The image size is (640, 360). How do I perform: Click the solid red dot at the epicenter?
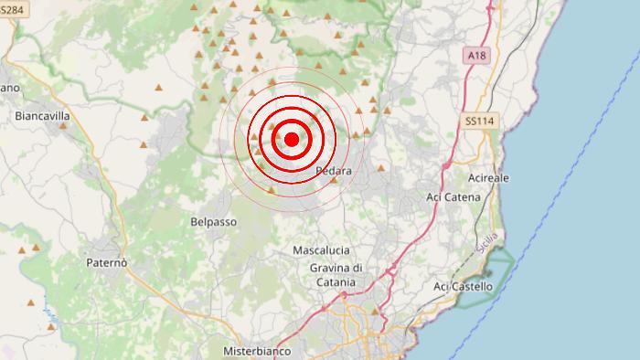pos(291,139)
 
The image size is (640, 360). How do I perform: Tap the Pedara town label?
pos(334,171)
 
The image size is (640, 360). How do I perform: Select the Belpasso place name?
pos(214,222)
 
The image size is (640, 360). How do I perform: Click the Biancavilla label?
pos(42,117)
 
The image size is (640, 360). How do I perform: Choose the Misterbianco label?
pos(257,351)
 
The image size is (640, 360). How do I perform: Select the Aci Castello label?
pos(463,287)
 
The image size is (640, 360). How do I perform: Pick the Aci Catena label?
pos(454,196)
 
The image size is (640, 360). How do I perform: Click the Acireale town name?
pos(487,178)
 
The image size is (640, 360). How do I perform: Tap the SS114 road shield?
pos(478,121)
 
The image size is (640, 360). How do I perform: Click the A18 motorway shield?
pos(476,56)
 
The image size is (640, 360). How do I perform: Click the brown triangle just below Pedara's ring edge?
pos(334,181)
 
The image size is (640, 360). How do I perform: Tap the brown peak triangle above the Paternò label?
pos(36,247)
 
